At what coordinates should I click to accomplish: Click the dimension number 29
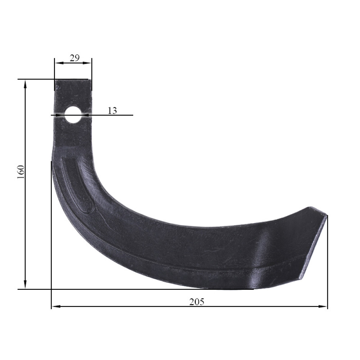pos(75,58)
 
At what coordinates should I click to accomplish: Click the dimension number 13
pos(112,111)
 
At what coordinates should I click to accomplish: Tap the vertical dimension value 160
pos(21,172)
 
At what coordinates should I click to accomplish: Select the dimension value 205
pos(197,302)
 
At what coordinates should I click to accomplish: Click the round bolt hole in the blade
pos(73,114)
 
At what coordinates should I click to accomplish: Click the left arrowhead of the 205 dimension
pos(56,306)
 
